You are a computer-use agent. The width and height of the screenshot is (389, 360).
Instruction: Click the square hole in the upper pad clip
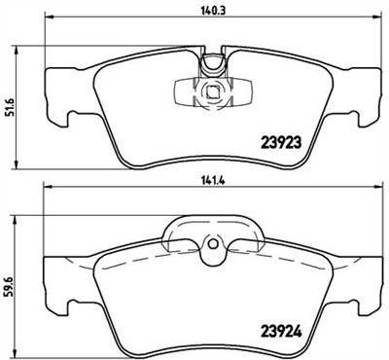click(x=212, y=93)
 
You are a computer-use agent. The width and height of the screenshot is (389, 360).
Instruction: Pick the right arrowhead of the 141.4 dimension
click(x=374, y=191)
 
